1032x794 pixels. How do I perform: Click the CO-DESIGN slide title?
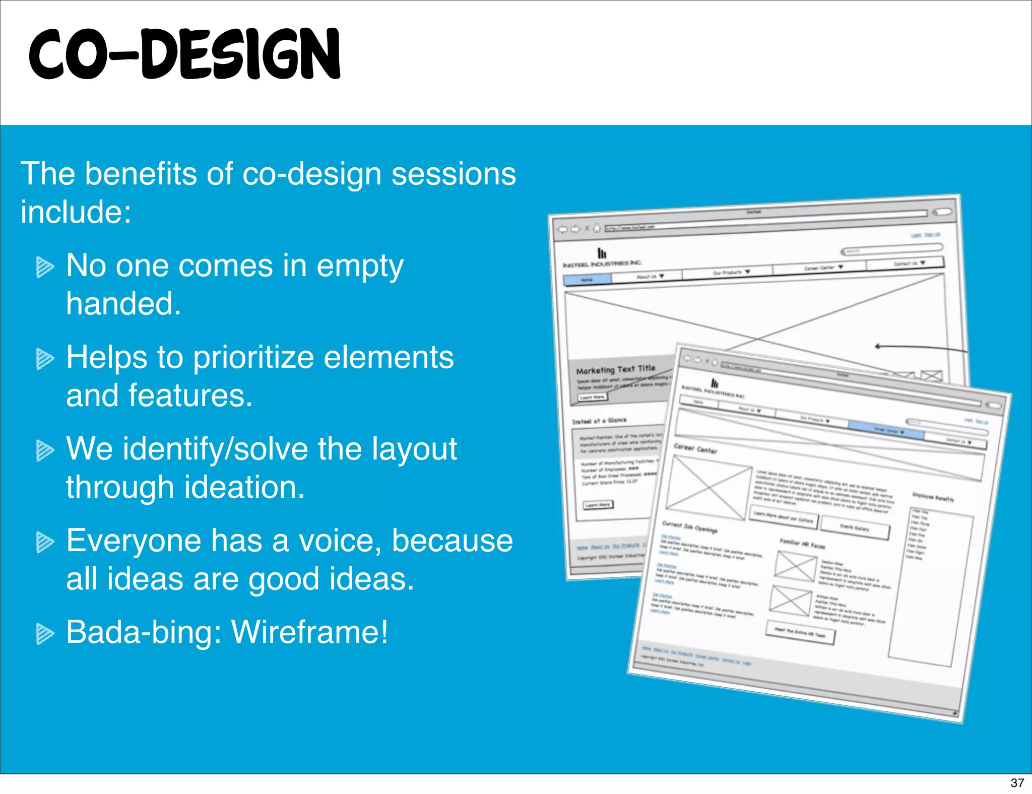coord(184,54)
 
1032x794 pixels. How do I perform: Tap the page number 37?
coord(1017,782)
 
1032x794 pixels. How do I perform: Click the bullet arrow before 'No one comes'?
coord(45,267)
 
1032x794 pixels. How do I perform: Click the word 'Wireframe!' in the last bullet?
coord(309,632)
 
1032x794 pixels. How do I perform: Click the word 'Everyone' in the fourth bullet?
coord(134,541)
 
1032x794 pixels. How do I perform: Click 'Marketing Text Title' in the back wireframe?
coord(615,369)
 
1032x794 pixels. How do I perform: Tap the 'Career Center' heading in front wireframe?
coord(695,448)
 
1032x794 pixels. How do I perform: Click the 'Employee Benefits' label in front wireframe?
coord(933,497)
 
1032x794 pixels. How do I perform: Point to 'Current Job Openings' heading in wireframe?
coord(689,526)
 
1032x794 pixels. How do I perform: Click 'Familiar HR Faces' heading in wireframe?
coord(802,543)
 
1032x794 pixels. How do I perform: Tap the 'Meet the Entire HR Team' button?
coord(800,633)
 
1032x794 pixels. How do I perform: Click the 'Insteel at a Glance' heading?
coord(599,421)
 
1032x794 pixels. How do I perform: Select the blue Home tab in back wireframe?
coord(587,280)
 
